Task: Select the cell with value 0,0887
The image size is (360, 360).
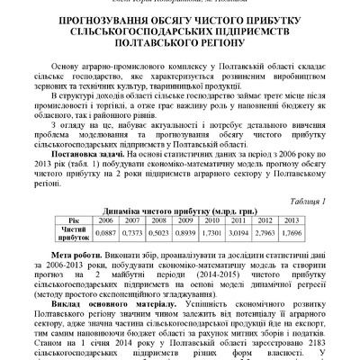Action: [x=106, y=241]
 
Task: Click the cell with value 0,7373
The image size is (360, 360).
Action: [x=134, y=241]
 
